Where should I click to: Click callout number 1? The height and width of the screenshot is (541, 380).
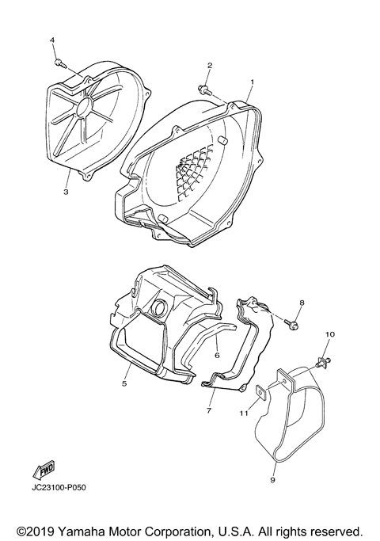(x=252, y=82)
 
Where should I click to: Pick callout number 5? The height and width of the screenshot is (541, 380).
(x=124, y=383)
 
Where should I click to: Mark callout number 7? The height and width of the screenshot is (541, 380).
(x=210, y=411)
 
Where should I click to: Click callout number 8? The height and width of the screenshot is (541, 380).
(x=301, y=304)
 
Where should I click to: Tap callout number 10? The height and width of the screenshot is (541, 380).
(x=329, y=335)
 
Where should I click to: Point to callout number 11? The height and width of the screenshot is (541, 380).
(x=245, y=412)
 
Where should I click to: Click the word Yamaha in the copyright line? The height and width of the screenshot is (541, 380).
(x=78, y=528)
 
